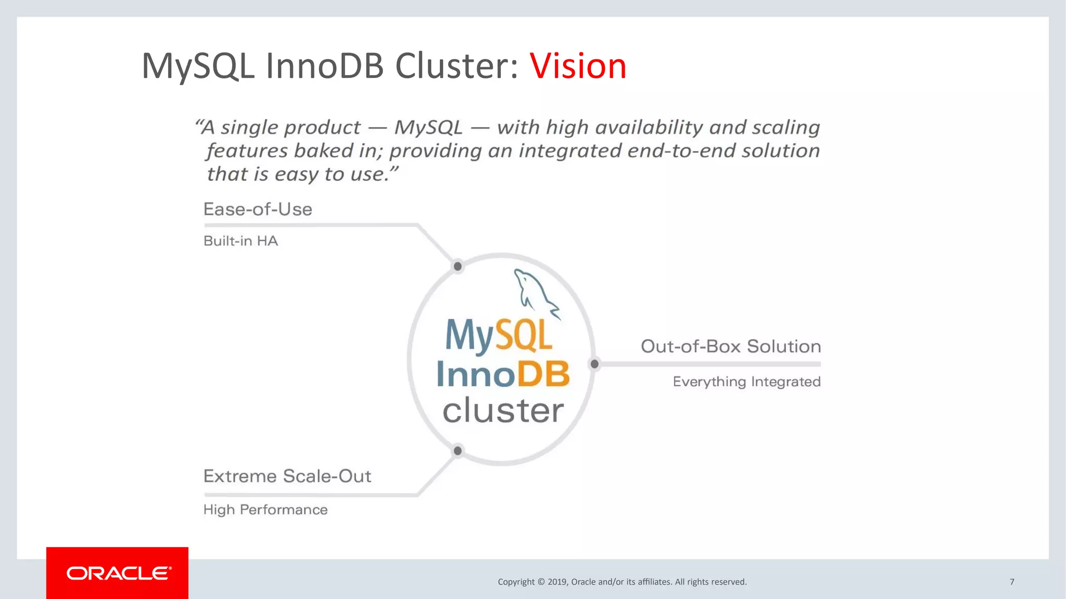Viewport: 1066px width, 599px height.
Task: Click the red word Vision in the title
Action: point(578,66)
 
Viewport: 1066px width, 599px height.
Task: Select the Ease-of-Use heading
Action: point(258,209)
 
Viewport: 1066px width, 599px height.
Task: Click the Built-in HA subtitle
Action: point(240,241)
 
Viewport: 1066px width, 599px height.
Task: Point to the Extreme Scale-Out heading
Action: point(287,476)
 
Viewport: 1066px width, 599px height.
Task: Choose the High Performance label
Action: point(265,510)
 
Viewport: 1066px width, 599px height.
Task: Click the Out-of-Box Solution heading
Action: point(730,346)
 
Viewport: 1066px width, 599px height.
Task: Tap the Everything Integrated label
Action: point(746,382)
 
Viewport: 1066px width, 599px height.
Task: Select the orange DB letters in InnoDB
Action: point(543,374)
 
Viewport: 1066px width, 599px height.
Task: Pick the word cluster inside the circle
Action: point(503,411)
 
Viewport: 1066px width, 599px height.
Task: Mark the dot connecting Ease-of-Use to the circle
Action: point(458,266)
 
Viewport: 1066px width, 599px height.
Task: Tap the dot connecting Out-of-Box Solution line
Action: point(594,364)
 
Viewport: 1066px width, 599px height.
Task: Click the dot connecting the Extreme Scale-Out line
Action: point(458,451)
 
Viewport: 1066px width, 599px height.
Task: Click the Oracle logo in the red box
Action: point(118,574)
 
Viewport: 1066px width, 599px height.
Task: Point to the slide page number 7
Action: point(1012,582)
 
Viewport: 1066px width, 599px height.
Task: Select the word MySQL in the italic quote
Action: point(428,127)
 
